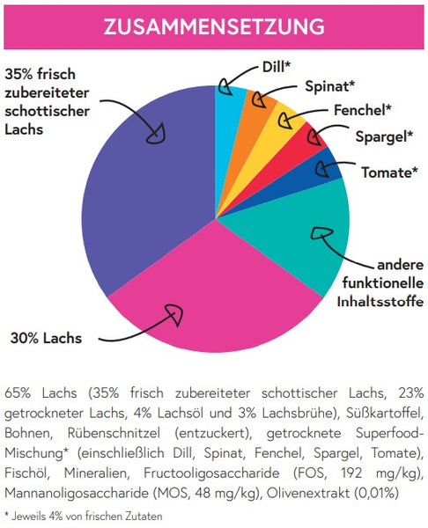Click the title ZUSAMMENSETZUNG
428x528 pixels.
point(214,26)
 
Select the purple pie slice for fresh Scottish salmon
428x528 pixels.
point(148,188)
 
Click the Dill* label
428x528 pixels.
point(276,67)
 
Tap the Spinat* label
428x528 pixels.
point(330,86)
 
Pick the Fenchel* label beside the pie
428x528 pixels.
point(363,110)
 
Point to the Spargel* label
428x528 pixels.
point(384,136)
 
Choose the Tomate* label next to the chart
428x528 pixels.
point(389,172)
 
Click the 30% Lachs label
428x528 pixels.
point(46,338)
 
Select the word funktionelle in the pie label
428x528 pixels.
point(383,282)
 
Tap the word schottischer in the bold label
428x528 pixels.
point(48,111)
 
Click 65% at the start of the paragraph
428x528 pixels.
point(18,393)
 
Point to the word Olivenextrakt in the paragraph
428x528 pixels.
point(308,493)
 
